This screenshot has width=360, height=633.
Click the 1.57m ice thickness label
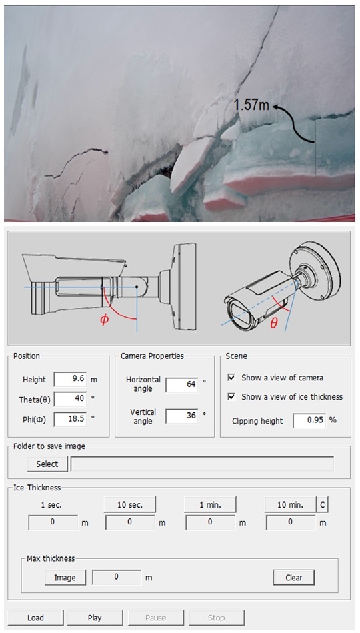click(251, 105)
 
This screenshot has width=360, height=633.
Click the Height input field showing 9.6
click(70, 380)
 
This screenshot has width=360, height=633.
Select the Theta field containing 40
click(70, 399)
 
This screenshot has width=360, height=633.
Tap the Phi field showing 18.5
click(70, 419)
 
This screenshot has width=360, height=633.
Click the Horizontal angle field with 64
click(182, 384)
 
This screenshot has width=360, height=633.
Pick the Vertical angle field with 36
click(182, 416)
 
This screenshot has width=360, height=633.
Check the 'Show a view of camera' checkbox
click(231, 378)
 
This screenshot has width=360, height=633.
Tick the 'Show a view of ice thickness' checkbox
click(231, 397)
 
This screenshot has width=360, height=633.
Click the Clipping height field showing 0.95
click(309, 420)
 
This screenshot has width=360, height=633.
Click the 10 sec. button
click(130, 505)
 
